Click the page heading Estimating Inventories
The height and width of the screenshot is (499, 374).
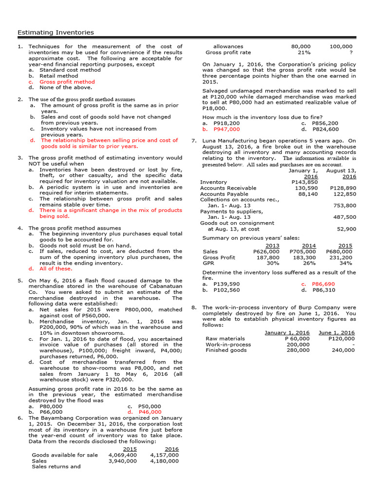point(56,33)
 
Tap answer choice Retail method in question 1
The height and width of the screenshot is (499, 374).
point(58,76)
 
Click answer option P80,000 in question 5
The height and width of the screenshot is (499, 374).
point(51,406)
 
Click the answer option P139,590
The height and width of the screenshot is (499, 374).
point(226,284)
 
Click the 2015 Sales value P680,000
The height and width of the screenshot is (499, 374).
point(339,251)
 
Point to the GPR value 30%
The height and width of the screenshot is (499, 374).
point(273,263)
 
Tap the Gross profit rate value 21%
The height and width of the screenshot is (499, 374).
point(304,53)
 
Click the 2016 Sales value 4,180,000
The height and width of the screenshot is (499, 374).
point(164,461)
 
